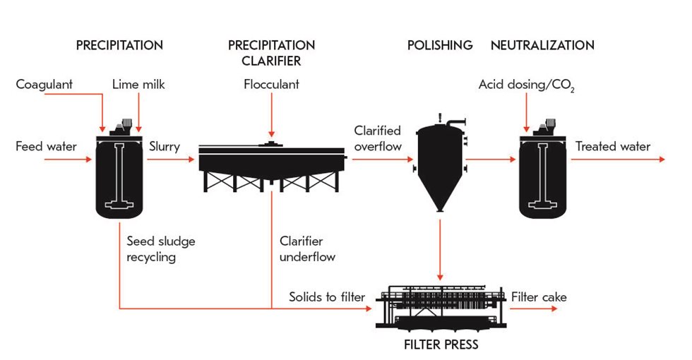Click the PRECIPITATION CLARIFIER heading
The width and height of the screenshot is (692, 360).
[271, 53]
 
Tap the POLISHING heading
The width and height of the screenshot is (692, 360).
[440, 45]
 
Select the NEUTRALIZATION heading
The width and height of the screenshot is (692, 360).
[542, 45]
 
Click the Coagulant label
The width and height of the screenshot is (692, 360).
[44, 85]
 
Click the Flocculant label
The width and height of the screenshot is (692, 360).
[271, 85]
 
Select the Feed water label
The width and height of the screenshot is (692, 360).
[46, 147]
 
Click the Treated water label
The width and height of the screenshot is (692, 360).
[613, 147]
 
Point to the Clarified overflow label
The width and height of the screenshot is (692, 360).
[378, 139]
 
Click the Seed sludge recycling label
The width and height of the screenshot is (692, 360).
[161, 249]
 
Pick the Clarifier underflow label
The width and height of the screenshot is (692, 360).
[307, 249]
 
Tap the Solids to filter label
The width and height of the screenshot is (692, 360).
[327, 297]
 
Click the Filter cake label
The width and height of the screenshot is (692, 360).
[539, 297]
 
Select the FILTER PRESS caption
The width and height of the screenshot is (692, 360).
[441, 344]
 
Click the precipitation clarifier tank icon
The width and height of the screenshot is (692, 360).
[271, 166]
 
